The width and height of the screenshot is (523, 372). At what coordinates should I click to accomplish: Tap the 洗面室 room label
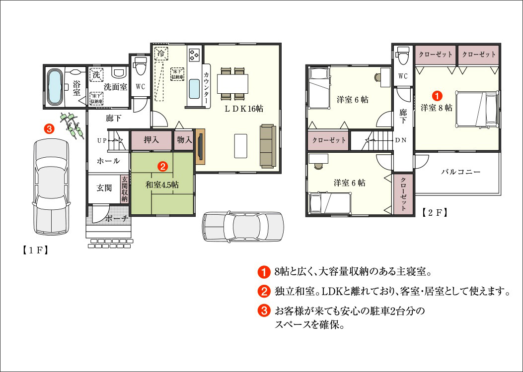tap(115, 87)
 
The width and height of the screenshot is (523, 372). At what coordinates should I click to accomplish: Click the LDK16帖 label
tap(244, 109)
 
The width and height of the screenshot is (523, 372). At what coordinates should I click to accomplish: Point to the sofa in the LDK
tap(268, 146)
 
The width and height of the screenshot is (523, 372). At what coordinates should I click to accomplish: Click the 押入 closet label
tap(151, 140)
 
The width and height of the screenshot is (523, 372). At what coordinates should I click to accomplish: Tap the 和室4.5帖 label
tap(162, 185)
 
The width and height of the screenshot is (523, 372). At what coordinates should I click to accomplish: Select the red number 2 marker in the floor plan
tap(162, 167)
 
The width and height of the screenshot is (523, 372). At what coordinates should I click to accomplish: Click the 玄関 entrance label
tap(104, 188)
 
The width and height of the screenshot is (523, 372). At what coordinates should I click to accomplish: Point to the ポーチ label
tap(117, 219)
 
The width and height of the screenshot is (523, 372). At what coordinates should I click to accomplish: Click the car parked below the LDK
tap(243, 226)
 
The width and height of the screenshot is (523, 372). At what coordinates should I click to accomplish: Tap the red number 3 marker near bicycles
tap(49, 128)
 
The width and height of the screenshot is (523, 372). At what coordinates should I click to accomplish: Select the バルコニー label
tap(460, 172)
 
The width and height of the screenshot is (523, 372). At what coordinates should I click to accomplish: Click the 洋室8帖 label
tap(436, 108)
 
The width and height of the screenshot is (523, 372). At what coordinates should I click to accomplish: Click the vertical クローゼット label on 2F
tap(403, 194)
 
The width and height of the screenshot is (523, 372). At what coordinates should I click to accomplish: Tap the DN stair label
tap(401, 140)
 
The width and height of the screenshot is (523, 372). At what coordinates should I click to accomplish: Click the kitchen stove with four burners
tap(194, 55)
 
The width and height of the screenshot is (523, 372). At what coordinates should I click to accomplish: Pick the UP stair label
tap(102, 140)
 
